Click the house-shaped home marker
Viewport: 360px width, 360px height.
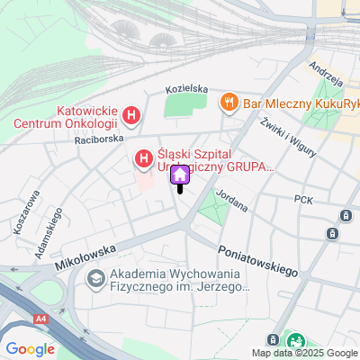point(179,175)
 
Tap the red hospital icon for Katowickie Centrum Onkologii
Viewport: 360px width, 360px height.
point(132,115)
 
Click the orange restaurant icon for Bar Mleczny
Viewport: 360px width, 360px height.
point(229,102)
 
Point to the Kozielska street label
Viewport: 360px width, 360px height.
point(187,90)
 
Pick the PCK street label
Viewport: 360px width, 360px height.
point(302,200)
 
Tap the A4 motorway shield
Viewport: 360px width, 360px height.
point(41,318)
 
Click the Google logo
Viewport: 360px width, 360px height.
point(30,349)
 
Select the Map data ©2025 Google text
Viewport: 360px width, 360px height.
point(304,353)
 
